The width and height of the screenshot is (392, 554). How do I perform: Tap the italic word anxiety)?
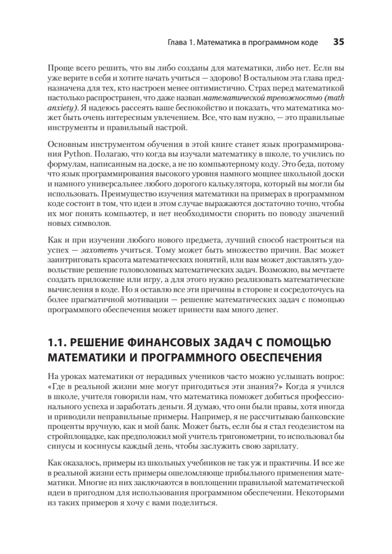(63, 108)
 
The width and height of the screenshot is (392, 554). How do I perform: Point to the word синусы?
(60, 446)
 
